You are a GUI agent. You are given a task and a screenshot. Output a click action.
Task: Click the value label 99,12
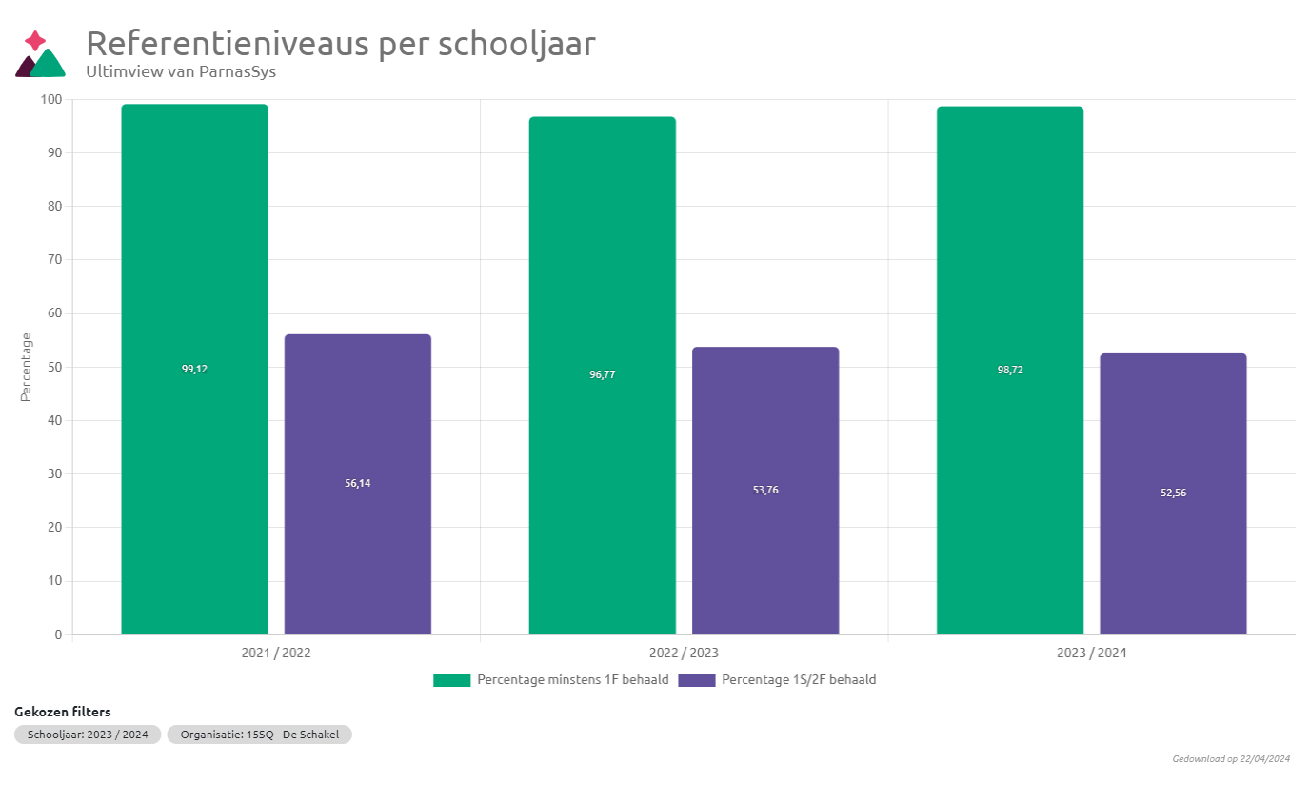pos(194,369)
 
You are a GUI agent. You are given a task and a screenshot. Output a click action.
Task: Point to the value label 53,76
pos(764,490)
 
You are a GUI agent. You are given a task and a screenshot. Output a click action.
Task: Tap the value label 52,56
pos(1173,493)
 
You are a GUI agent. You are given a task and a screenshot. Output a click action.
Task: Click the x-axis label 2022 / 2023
pos(684,654)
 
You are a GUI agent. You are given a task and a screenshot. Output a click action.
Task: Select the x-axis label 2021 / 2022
pos(276,654)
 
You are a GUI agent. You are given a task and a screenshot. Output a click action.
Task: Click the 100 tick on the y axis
pos(51,99)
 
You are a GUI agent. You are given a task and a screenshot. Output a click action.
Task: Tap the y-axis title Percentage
pos(27,367)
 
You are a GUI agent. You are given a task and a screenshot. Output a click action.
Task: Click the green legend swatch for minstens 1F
pos(451,680)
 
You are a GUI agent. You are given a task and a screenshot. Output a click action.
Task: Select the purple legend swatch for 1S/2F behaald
pos(696,680)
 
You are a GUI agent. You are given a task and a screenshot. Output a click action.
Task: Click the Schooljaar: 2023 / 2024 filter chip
pos(88,735)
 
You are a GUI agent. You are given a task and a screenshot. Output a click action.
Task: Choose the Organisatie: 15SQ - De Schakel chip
pos(259,735)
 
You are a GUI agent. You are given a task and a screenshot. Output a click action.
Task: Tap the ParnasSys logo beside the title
pos(40,55)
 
